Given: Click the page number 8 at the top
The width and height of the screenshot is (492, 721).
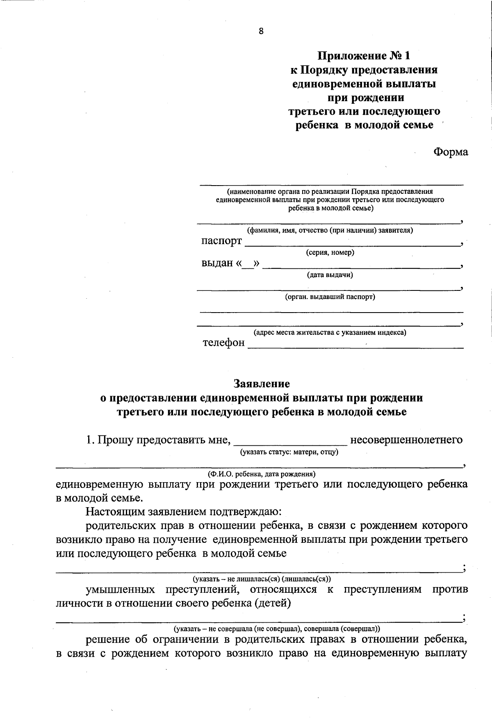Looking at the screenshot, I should click(x=261, y=32).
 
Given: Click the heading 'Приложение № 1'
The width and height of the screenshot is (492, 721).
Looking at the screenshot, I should click(x=364, y=56).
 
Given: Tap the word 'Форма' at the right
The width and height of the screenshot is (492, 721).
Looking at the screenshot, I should click(x=450, y=152).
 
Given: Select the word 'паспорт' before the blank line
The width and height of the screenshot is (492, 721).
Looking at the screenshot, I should click(x=221, y=241).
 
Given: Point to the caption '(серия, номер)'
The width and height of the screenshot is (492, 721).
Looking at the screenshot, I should click(x=330, y=253).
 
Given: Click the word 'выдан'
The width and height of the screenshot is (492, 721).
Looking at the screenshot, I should click(x=217, y=263).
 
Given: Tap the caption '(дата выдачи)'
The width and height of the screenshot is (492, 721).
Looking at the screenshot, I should click(x=330, y=275).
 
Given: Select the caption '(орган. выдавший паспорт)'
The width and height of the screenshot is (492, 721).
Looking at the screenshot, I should click(x=330, y=297).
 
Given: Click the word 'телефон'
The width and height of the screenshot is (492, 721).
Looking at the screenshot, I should click(x=224, y=342).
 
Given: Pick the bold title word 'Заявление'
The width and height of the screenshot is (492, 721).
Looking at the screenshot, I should click(x=262, y=384).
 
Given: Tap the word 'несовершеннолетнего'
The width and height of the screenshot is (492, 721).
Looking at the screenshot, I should click(x=406, y=440).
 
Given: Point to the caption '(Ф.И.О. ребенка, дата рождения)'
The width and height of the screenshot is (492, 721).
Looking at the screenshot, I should click(x=262, y=474).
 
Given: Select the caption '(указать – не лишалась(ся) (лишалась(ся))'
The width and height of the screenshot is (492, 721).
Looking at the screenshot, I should click(x=262, y=579).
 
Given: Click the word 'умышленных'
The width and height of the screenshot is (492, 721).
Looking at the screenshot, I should click(x=121, y=590).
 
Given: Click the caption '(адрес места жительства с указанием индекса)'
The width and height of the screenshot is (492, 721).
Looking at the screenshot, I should click(x=330, y=333).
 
